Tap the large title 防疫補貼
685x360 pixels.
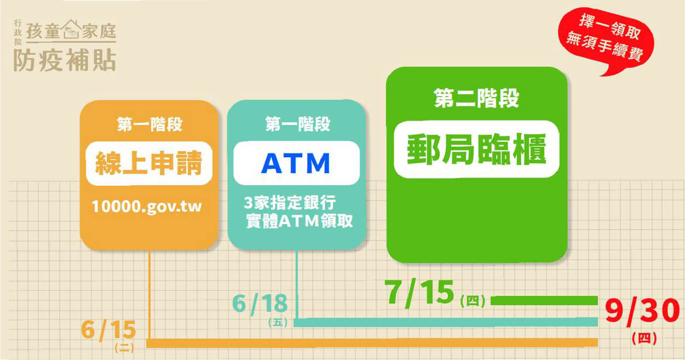(65, 60)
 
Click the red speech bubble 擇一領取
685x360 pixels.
(606, 41)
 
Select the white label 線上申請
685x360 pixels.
(149, 163)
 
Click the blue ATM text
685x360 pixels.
(296, 163)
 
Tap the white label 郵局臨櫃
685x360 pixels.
(476, 150)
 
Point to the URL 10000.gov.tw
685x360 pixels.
(147, 207)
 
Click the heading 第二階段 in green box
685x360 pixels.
(476, 98)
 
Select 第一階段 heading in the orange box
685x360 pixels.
(149, 124)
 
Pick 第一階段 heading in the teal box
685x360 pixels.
(297, 124)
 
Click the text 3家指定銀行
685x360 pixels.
(290, 202)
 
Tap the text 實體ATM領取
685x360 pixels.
(300, 221)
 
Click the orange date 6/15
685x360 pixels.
(108, 330)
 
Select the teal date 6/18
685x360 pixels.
(260, 304)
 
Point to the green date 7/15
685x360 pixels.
(419, 293)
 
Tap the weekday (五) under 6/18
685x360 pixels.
(278, 322)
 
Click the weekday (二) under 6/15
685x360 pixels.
(124, 348)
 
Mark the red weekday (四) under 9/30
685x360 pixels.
(644, 339)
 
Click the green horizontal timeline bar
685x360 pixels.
(544, 301)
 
